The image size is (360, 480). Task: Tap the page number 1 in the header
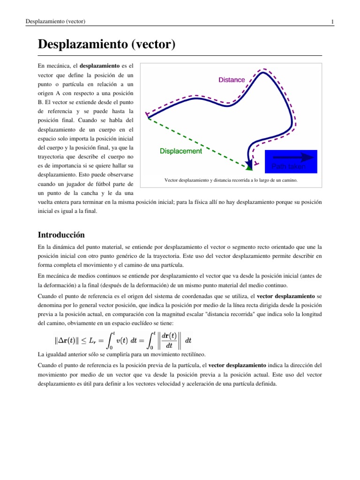click(x=332, y=22)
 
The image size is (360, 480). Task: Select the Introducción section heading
click(x=61, y=234)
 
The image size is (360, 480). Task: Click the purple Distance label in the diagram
click(x=232, y=80)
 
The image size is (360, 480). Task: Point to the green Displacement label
click(x=181, y=151)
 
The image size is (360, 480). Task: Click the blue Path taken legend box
click(x=291, y=161)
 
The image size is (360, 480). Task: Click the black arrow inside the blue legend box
click(x=291, y=157)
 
